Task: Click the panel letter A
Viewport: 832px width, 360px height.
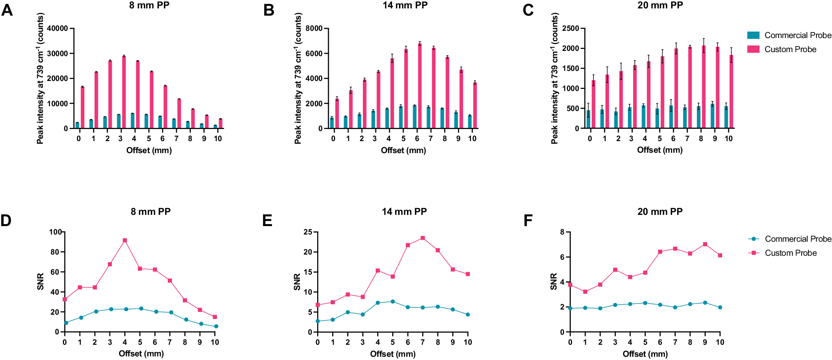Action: coord(7,10)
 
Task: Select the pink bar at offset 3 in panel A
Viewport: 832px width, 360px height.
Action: coord(124,92)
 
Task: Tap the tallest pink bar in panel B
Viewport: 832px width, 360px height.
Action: coord(419,86)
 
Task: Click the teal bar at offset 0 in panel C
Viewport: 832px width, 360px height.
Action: coord(588,119)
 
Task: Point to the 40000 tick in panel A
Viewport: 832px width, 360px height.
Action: coord(57,28)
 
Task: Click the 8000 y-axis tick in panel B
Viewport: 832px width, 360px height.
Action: coord(314,28)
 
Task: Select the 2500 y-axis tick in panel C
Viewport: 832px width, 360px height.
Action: coord(571,28)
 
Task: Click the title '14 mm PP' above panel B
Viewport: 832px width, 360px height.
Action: coord(405,5)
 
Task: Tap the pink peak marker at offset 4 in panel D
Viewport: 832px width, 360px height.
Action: coord(125,241)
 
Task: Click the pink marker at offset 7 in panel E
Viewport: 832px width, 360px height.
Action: coord(423,238)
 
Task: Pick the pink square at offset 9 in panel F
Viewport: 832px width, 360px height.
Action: coord(705,244)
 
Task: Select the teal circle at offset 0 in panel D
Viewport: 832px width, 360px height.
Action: coord(66,323)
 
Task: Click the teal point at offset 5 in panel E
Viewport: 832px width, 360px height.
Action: coord(393,301)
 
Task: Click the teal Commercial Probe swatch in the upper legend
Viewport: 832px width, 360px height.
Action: coord(753,35)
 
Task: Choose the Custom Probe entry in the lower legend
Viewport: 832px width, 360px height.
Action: coord(790,253)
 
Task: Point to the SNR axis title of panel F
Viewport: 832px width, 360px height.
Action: coord(554,281)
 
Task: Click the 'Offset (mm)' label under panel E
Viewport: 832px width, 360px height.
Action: coord(393,354)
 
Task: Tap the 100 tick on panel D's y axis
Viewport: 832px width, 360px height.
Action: coord(55,232)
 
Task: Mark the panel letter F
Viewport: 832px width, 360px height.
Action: coord(528,220)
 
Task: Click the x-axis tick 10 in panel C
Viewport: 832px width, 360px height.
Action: coord(729,139)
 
